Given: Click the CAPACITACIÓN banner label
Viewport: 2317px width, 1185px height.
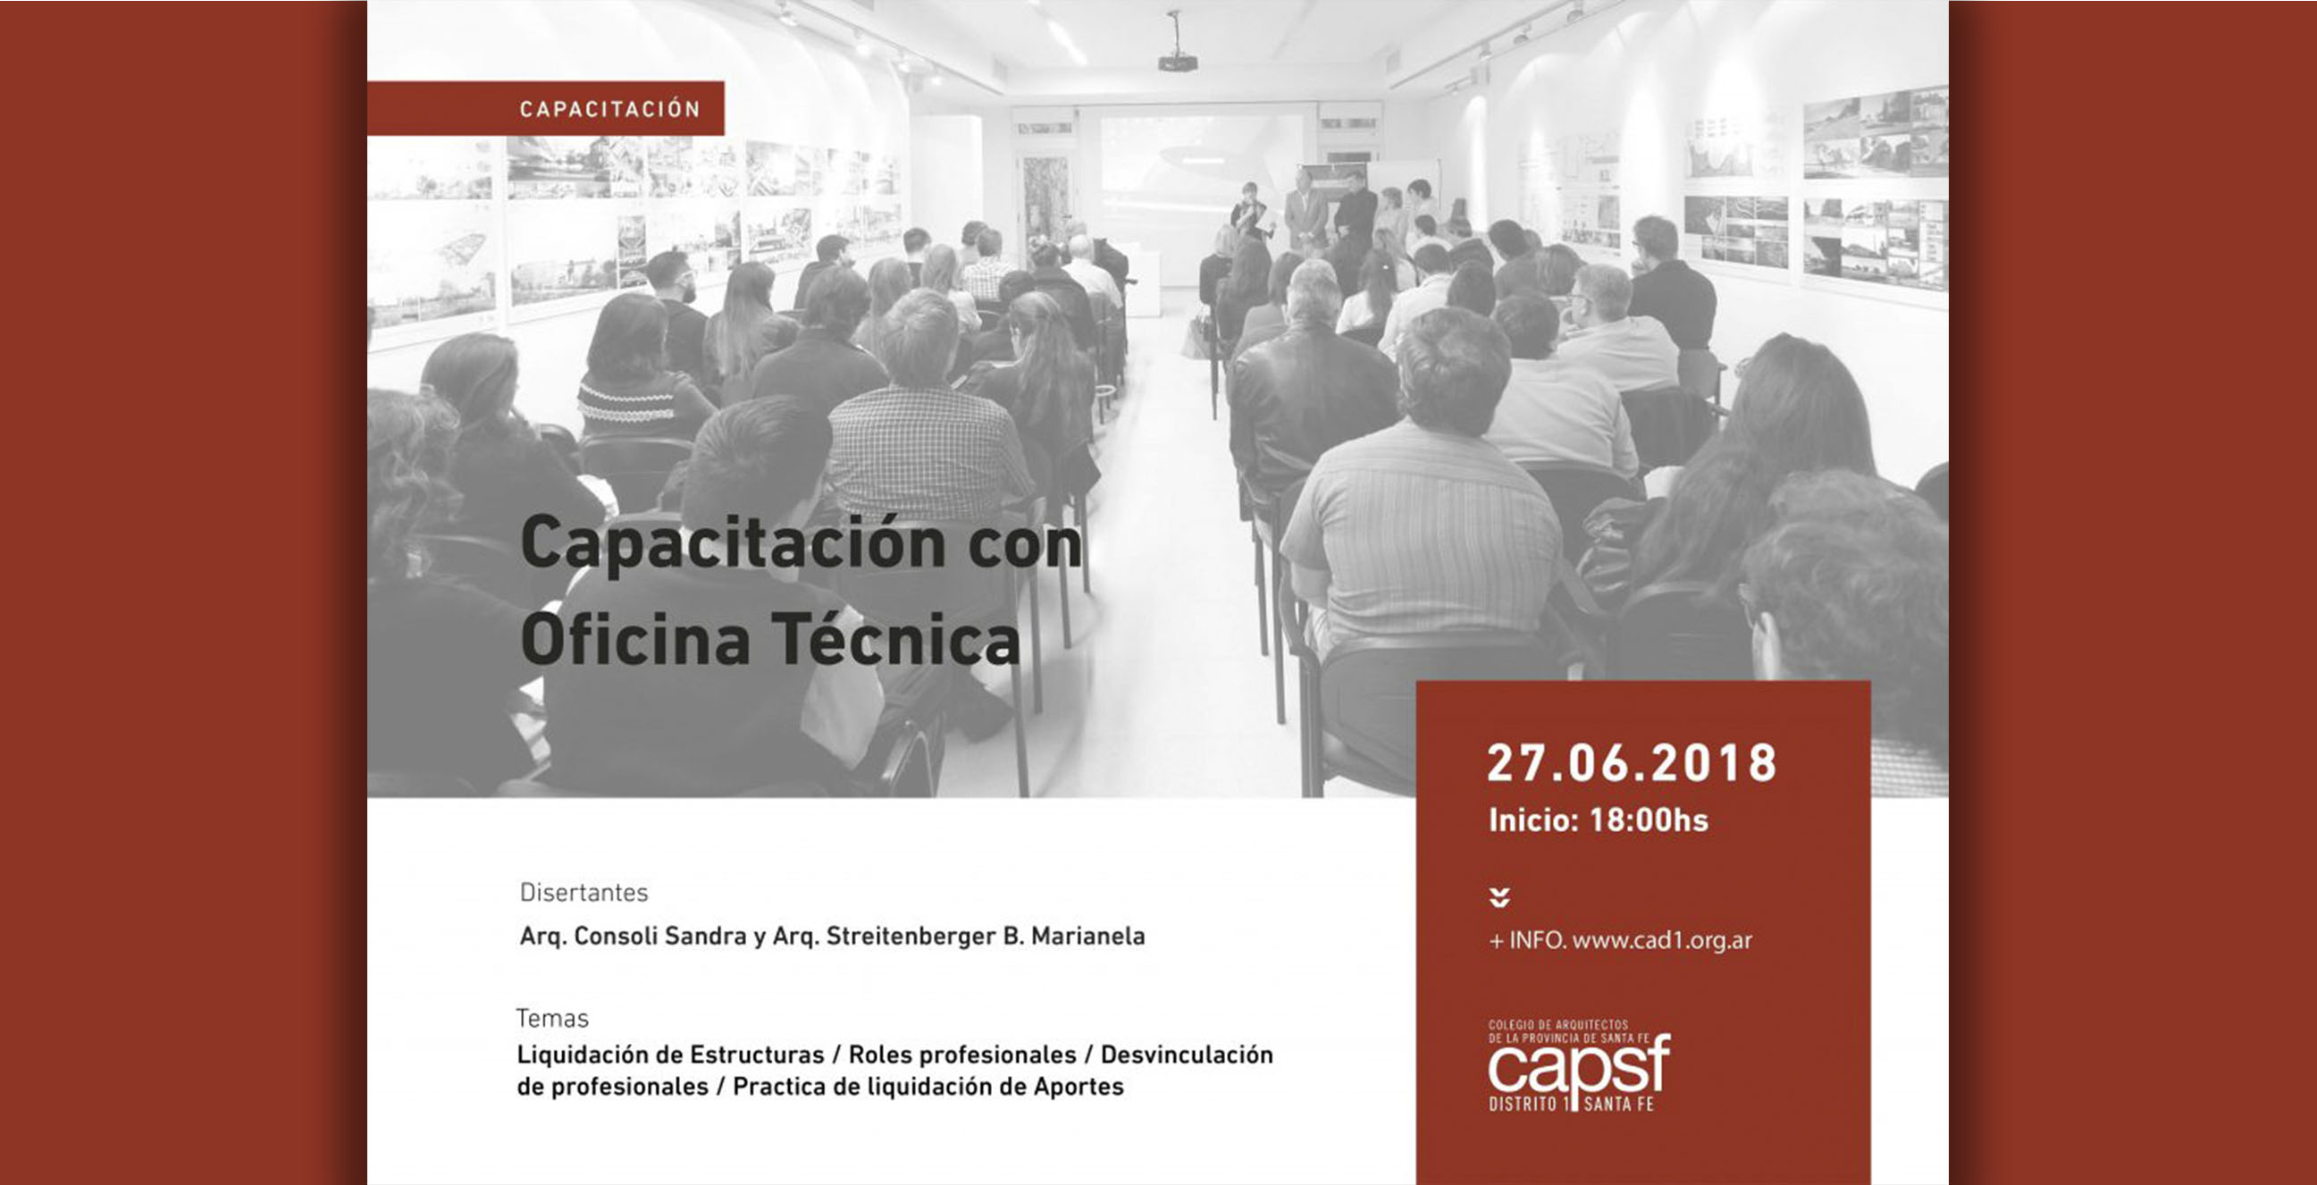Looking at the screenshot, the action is [x=609, y=109].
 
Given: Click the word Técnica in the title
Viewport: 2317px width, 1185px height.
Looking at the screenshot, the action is [x=896, y=639].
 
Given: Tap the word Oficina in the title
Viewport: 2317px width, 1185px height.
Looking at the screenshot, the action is [x=635, y=640].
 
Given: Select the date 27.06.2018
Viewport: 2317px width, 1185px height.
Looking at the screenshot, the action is [x=1632, y=763].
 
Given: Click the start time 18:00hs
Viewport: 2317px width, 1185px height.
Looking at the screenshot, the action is [x=1649, y=819].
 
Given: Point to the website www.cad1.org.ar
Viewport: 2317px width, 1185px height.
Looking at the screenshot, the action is [x=1662, y=940].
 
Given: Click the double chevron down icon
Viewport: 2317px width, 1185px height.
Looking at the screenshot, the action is [x=1499, y=897].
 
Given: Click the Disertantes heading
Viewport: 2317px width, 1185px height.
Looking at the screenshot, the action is [x=583, y=893].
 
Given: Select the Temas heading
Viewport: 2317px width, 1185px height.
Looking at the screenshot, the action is [x=552, y=1019].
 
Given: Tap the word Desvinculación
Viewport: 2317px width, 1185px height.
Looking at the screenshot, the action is [x=1188, y=1055].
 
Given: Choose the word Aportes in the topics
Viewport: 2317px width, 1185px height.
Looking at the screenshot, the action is [x=1079, y=1087].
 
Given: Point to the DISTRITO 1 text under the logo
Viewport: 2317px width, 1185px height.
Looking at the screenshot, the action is [x=1529, y=1104].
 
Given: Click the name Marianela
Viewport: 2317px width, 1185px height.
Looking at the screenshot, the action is [x=1088, y=936].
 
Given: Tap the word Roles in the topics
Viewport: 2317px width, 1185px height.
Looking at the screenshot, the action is [x=877, y=1055].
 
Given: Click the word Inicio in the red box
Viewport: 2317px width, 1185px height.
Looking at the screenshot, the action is [x=1533, y=819].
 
